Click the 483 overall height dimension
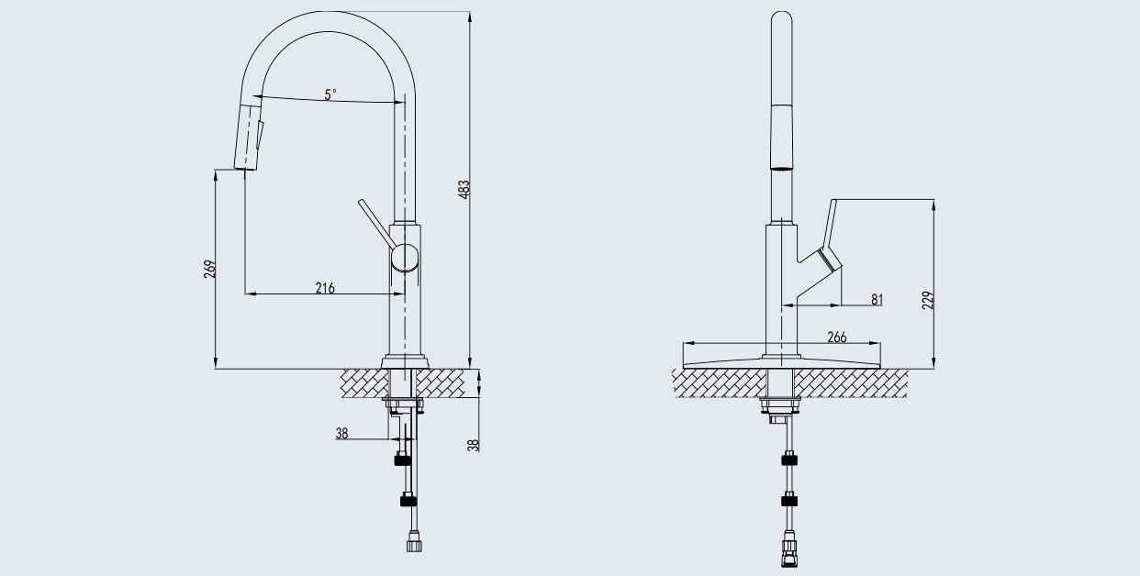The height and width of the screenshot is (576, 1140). (x=464, y=189)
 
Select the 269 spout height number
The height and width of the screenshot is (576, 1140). (x=209, y=269)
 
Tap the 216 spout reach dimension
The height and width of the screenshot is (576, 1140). (x=325, y=288)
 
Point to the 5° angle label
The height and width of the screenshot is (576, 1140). (x=330, y=94)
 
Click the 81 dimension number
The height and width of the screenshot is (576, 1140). (x=877, y=299)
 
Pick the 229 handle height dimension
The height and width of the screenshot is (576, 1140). (x=928, y=300)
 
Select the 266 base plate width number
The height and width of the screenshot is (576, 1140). (x=837, y=337)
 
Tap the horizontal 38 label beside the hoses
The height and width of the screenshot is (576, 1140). (x=341, y=433)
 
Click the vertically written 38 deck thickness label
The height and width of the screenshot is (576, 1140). (x=474, y=445)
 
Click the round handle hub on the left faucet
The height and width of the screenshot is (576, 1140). (x=405, y=257)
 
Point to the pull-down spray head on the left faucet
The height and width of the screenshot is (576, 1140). (x=249, y=137)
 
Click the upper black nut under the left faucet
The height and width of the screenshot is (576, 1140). (x=403, y=460)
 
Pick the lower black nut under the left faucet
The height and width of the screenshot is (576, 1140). (x=408, y=501)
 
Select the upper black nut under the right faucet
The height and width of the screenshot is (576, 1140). (x=789, y=460)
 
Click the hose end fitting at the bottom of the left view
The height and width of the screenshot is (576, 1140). (x=414, y=541)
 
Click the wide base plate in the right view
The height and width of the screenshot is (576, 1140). (x=782, y=362)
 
